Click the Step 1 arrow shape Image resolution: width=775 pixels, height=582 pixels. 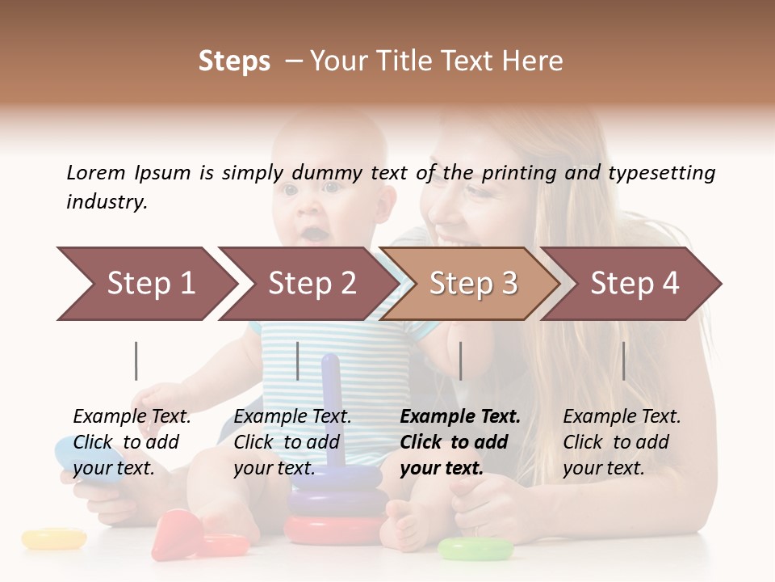coord(149,284)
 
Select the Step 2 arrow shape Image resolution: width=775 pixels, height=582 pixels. coord(311,284)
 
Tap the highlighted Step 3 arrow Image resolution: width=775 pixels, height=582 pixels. coord(472,284)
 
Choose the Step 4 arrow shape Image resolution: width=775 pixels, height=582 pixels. coord(634,284)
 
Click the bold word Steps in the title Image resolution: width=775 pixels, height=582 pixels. coord(234,61)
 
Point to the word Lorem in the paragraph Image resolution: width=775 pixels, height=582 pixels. coord(96,173)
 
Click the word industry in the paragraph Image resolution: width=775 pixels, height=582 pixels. coord(106,202)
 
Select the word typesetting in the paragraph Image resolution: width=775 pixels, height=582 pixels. coord(661,173)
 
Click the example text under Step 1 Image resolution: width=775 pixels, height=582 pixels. coord(132,442)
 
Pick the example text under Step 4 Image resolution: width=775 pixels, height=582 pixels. coord(622,442)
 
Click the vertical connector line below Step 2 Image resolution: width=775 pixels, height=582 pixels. coord(298,361)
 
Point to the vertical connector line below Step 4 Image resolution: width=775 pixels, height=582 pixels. coord(623,361)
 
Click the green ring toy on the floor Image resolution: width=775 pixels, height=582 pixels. coord(475,550)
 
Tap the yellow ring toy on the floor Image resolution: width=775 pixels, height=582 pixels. coord(53,538)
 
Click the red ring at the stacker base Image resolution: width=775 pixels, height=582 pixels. coord(334,529)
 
